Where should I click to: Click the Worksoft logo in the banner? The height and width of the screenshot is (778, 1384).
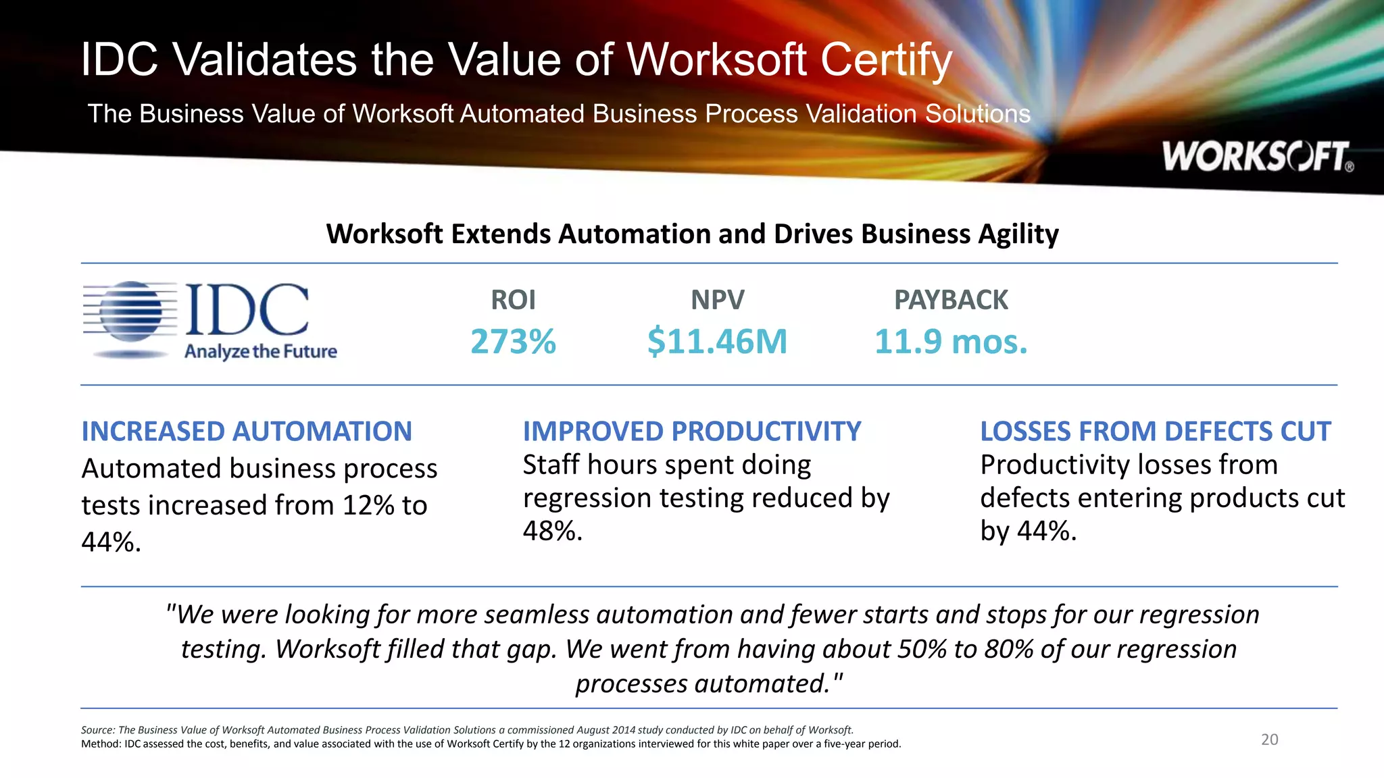(1257, 157)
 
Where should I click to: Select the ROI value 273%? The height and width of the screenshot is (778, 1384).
(513, 341)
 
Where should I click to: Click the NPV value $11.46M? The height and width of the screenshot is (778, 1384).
(717, 341)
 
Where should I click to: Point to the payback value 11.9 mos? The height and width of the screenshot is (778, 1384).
(951, 341)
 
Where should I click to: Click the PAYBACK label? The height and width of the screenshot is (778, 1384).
(951, 300)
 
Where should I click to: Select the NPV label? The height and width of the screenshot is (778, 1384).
(717, 300)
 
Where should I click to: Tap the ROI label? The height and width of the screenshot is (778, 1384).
(513, 300)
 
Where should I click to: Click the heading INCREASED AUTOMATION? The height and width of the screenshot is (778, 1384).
(247, 432)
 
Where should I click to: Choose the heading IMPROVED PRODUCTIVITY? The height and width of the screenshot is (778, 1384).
(692, 432)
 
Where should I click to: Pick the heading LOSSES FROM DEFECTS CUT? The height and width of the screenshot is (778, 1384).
(1156, 432)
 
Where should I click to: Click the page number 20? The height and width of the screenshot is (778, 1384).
(1269, 740)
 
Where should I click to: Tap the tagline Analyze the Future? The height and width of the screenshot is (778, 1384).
(261, 352)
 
